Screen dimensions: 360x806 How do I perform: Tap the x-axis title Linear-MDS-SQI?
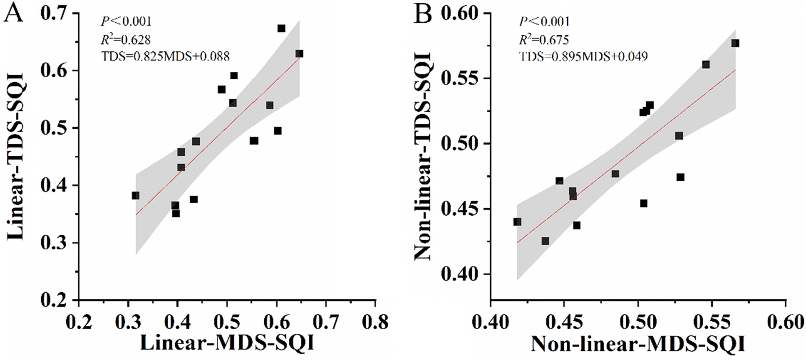point(228,342)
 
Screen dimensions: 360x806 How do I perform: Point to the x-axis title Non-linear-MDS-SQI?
point(638,344)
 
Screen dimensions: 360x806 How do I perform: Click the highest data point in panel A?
point(281,28)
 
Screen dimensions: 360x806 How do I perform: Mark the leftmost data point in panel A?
point(135,196)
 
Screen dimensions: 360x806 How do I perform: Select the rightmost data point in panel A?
point(299,54)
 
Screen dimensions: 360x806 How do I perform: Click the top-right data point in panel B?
point(735,43)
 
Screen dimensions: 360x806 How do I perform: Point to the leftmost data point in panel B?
point(517,222)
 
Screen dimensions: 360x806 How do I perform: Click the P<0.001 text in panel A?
point(126,22)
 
